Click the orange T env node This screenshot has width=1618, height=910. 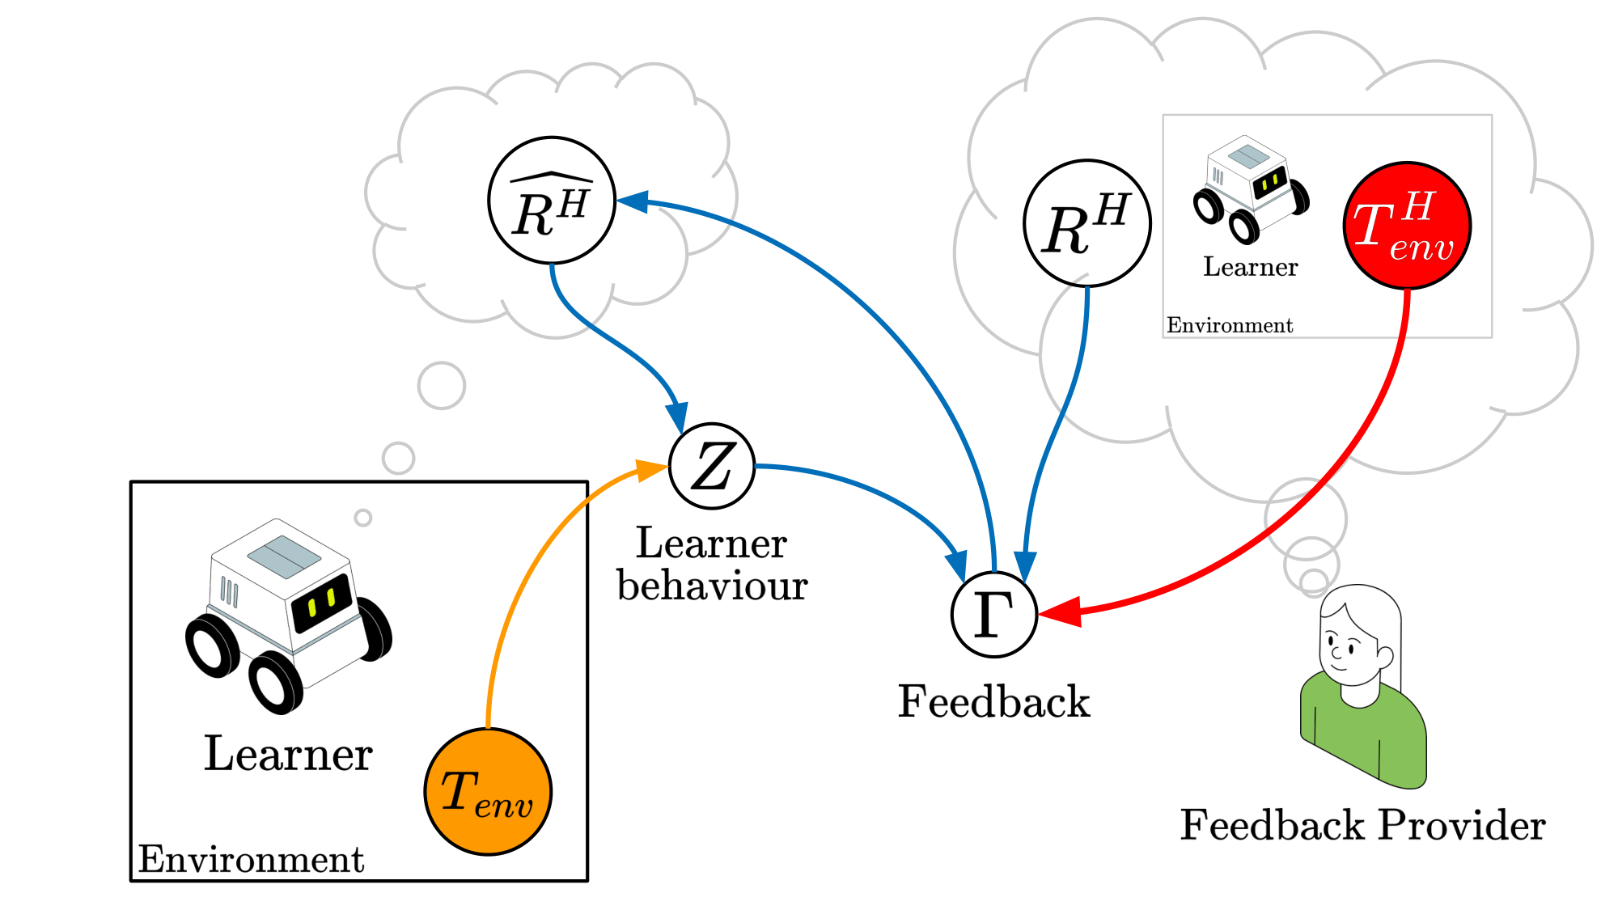coord(488,792)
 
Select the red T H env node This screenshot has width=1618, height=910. coord(1408,226)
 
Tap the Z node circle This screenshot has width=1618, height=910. coord(712,467)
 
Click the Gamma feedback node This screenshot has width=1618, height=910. coord(994,614)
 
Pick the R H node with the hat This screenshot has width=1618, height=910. coord(552,200)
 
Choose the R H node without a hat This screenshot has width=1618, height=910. coord(1087,223)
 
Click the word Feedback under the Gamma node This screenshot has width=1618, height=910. coord(994,701)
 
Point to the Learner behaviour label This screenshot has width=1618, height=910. coord(712,564)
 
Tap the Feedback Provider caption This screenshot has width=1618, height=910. coord(1363,825)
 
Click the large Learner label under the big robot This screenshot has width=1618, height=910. coord(288,754)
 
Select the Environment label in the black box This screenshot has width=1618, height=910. coord(252,859)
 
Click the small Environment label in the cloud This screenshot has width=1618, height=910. coord(1230,325)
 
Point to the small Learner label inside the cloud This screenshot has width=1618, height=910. coord(1250,267)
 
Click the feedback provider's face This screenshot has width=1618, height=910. coord(1347,643)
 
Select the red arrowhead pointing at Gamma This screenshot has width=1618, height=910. coord(1060,612)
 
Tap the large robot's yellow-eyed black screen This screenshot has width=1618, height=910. coord(323,603)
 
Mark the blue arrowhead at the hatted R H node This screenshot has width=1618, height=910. coord(633,201)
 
